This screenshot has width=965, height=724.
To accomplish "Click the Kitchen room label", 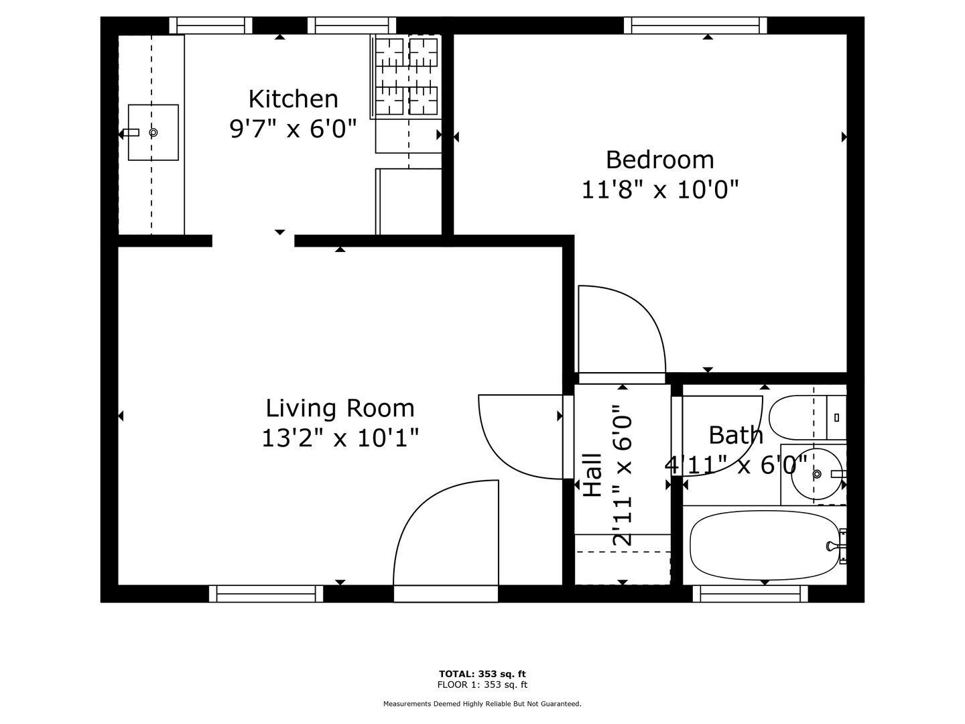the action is click(x=294, y=99).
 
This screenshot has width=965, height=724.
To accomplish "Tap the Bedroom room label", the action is click(x=659, y=160).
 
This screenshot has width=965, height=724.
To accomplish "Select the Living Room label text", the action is click(x=340, y=408).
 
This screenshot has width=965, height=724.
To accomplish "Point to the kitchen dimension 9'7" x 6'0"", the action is click(x=293, y=129).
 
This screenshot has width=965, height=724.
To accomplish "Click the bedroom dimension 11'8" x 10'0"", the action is click(x=659, y=190).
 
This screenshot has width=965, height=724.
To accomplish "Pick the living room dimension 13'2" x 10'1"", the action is click(x=340, y=438).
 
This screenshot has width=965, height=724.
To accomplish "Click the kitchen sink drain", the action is click(x=153, y=132).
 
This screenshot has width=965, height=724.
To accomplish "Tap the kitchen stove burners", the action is click(x=407, y=76).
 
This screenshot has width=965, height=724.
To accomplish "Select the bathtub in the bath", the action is click(x=765, y=545).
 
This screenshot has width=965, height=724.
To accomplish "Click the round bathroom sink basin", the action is click(x=817, y=475).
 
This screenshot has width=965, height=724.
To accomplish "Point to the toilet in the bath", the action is click(x=807, y=417).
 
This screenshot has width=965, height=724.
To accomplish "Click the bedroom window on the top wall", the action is click(x=696, y=25).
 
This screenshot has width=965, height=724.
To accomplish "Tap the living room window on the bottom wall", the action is click(x=266, y=593).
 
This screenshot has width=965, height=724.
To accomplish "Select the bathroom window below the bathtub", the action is click(x=751, y=593).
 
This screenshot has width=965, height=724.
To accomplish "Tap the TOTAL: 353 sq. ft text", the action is click(x=482, y=674).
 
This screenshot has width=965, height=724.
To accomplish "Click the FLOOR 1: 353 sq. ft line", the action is click(x=482, y=684).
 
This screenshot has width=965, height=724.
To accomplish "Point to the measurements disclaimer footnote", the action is click(x=482, y=704).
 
